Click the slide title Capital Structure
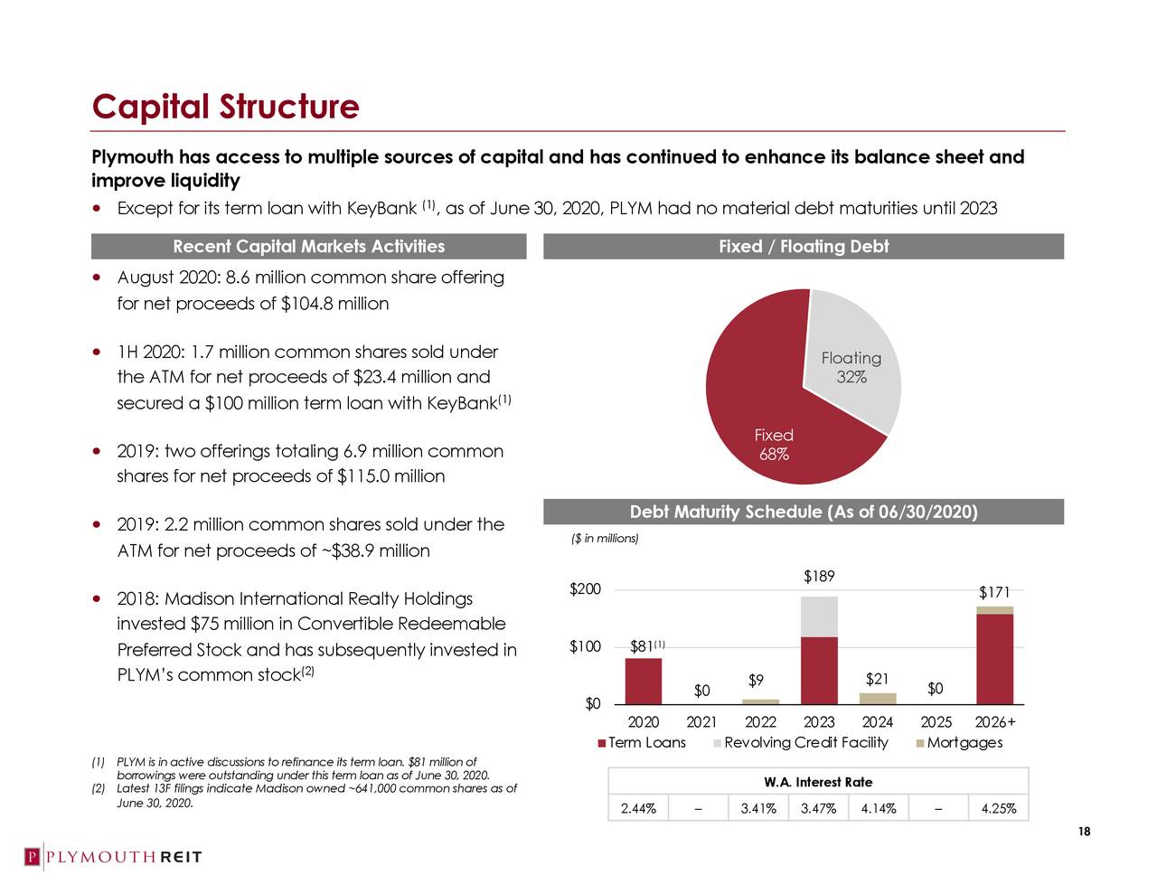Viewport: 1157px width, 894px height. (x=225, y=107)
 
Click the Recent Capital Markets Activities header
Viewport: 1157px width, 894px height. (x=308, y=247)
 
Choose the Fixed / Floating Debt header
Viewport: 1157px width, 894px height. (x=803, y=247)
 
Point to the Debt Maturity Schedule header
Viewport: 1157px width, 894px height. (x=803, y=513)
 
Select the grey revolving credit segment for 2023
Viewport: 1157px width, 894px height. (x=819, y=616)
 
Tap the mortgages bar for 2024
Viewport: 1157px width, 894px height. (x=877, y=698)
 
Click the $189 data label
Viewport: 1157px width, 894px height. (x=819, y=577)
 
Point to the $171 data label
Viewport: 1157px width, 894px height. (x=994, y=592)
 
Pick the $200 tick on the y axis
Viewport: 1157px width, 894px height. (x=585, y=589)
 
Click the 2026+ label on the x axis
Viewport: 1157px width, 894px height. (x=995, y=722)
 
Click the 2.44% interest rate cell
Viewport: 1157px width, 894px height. (x=638, y=808)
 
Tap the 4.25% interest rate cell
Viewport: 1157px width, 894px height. (x=998, y=808)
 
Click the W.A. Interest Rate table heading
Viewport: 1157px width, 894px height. (x=818, y=782)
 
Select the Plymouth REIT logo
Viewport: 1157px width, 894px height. (x=113, y=857)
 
